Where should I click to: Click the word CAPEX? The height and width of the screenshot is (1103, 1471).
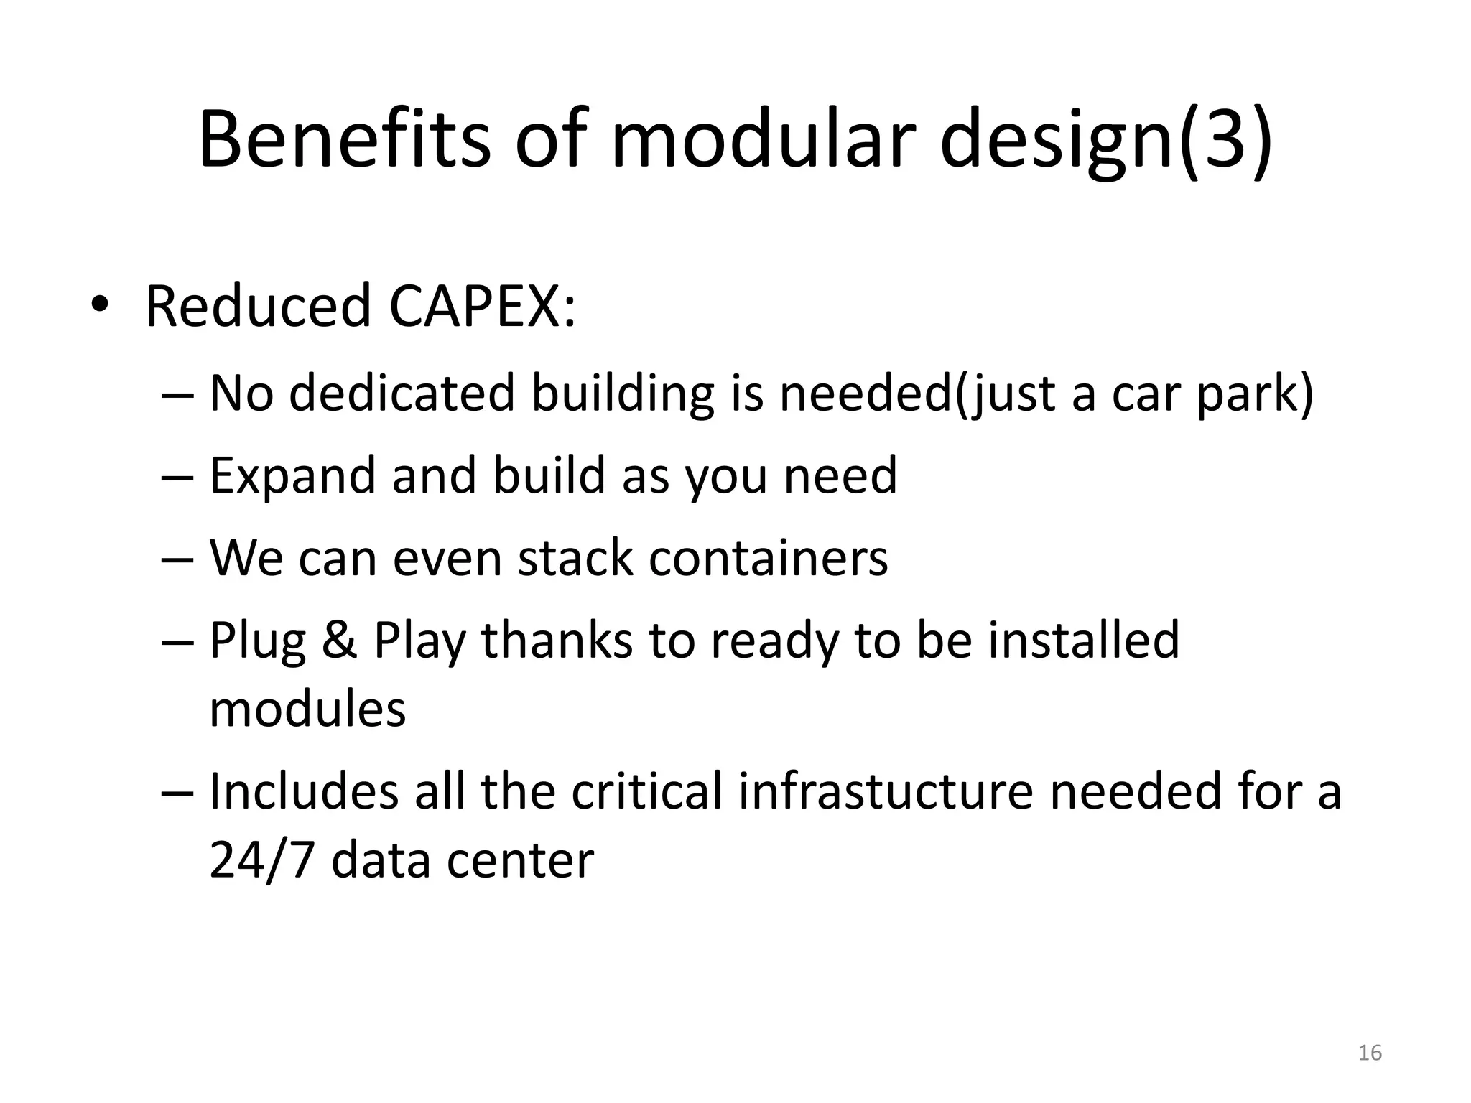(x=482, y=307)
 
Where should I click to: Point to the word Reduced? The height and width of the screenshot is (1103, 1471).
(x=257, y=307)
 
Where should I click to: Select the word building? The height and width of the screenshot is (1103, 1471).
(x=622, y=396)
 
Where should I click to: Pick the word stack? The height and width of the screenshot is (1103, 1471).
(x=575, y=558)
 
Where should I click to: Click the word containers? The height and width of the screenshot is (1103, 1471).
(x=768, y=558)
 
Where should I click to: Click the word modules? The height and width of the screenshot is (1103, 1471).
(x=307, y=709)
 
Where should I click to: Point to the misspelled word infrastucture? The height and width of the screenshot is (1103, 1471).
(x=886, y=791)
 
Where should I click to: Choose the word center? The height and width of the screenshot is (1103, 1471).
(x=520, y=861)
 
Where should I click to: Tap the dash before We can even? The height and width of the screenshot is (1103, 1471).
(x=177, y=558)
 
